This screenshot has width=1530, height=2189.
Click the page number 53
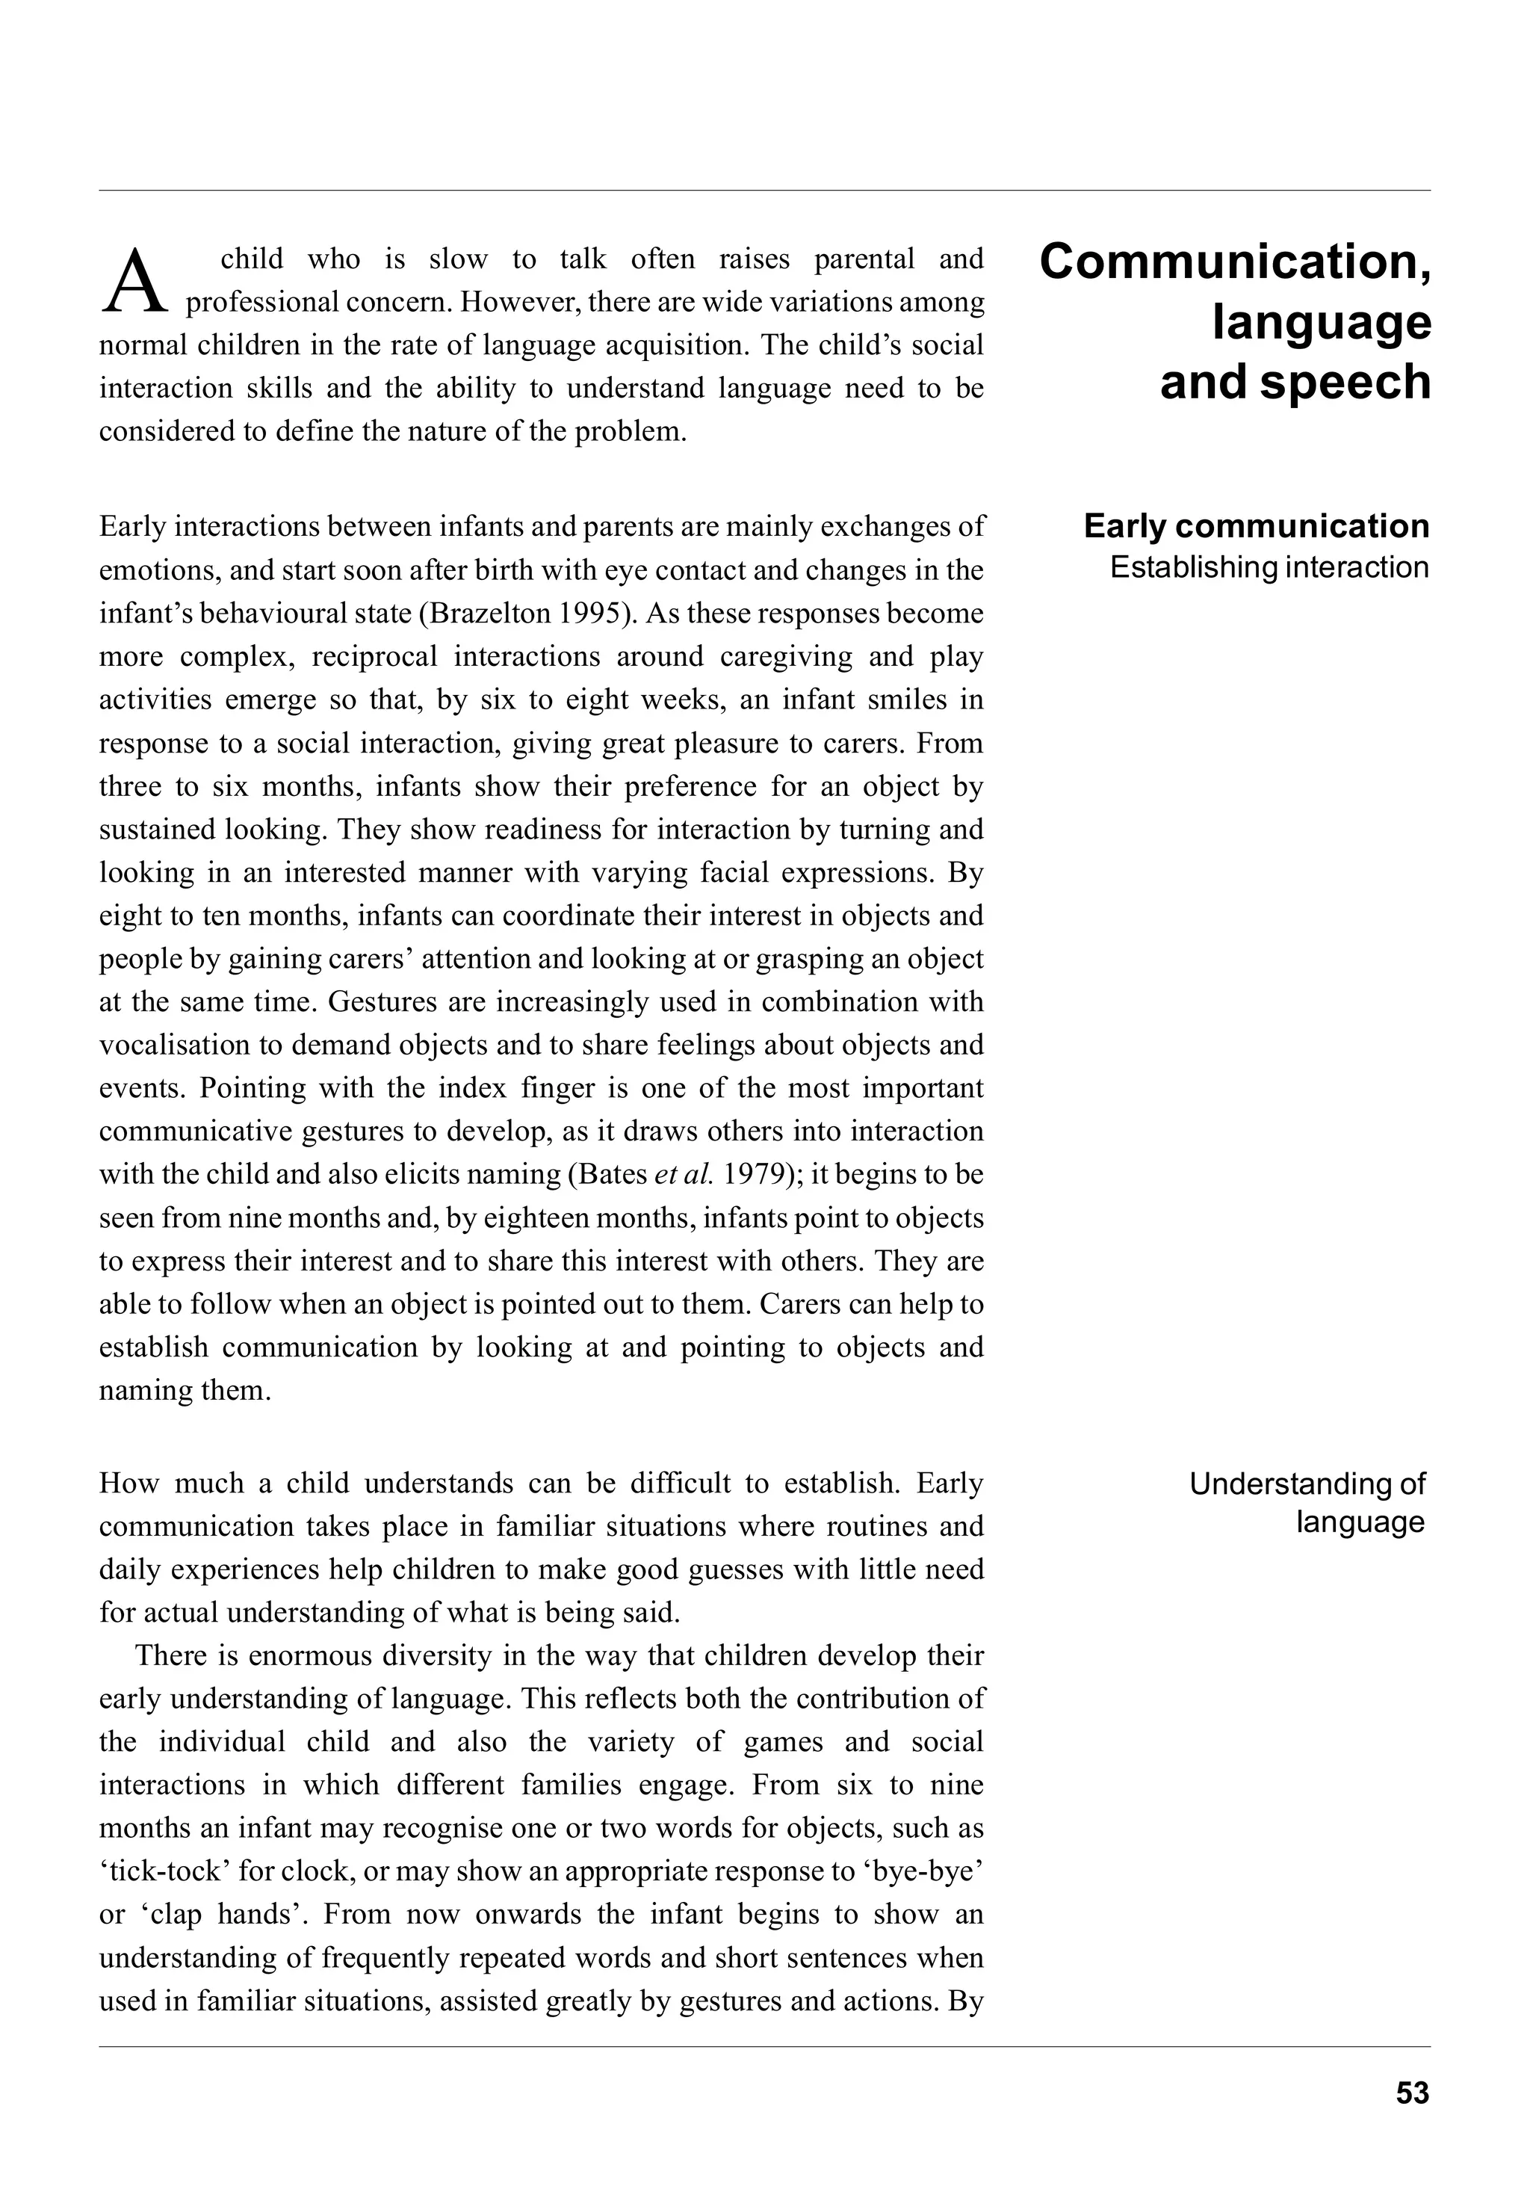pos(1412,2093)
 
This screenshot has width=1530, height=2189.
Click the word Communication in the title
pos(1226,262)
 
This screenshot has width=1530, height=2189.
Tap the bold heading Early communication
pos(1256,526)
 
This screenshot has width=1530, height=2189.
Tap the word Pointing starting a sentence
pos(253,1088)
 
